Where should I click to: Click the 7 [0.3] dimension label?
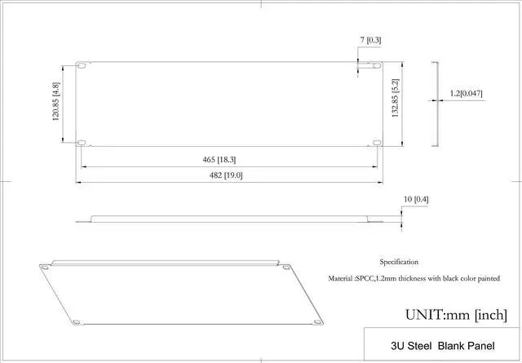pos(370,40)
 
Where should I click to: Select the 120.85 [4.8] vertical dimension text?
pos(56,101)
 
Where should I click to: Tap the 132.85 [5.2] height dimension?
pos(395,98)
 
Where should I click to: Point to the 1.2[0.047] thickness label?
pos(466,94)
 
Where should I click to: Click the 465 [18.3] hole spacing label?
pos(219,160)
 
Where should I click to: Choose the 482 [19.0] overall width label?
pos(226,175)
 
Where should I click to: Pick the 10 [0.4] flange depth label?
pos(416,200)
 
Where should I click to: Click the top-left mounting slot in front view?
pos(82,65)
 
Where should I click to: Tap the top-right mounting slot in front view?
pos(377,65)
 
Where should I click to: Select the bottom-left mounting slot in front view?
pos(82,143)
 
